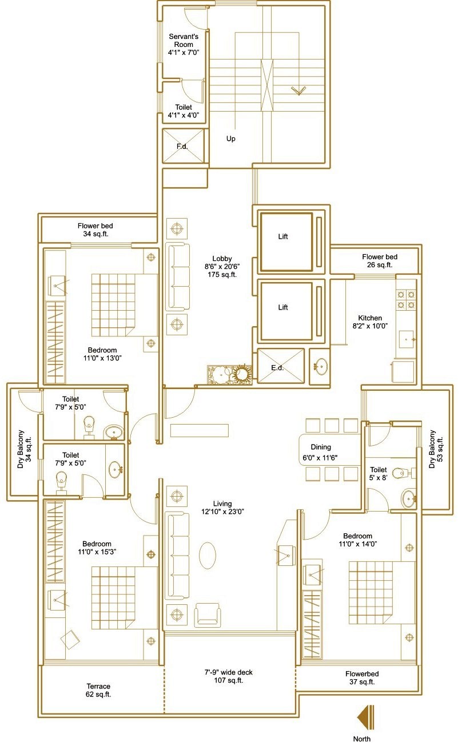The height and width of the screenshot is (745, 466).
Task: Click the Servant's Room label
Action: point(184,44)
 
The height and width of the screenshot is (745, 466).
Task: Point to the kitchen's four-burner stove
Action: point(406,299)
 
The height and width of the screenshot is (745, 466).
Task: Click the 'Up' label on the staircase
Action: point(230,138)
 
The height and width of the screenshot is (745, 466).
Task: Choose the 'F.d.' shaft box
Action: point(183,146)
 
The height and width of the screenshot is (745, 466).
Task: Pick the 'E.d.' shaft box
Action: point(281,366)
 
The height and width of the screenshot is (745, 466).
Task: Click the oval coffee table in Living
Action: point(208,556)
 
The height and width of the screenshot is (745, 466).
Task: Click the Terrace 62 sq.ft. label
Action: point(98,690)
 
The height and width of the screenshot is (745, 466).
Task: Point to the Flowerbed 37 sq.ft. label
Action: point(362,678)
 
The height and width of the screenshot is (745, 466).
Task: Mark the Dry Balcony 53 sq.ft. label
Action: point(436,449)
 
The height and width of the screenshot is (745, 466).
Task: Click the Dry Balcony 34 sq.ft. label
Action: point(24,449)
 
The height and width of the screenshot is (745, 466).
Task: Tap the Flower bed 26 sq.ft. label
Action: point(380,261)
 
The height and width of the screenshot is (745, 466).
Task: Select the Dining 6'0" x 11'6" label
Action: point(320,452)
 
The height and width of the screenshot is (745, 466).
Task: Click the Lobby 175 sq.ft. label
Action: point(222,267)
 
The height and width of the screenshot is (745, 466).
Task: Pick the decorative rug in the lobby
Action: point(230,374)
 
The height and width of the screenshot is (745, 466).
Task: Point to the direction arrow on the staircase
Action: point(298,90)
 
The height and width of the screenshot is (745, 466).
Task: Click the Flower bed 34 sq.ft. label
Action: point(95,229)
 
